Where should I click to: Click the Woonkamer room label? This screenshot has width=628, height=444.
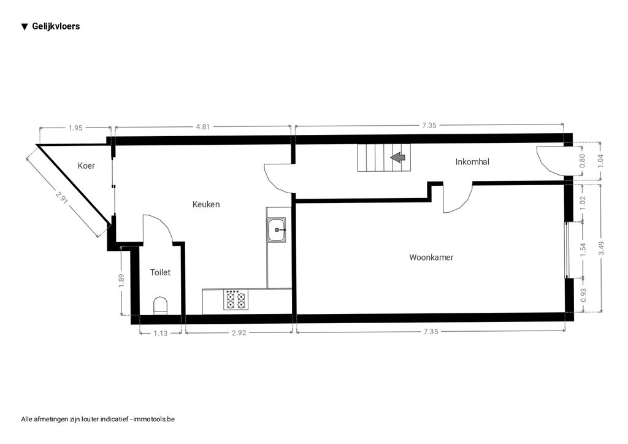(431, 258)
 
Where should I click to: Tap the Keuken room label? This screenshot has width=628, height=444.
(206, 204)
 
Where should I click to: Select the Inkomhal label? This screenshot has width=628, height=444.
(472, 162)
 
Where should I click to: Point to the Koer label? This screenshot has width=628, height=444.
(86, 166)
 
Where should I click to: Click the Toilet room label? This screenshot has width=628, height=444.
(160, 272)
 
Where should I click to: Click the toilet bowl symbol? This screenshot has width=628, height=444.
(161, 306)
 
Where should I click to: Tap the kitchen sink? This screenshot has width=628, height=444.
(277, 230)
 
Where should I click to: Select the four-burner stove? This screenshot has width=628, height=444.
(235, 299)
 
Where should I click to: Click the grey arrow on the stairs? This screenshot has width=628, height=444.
(397, 158)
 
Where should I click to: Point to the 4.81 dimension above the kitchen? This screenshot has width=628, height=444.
(202, 127)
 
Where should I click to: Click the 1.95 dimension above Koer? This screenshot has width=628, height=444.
(75, 128)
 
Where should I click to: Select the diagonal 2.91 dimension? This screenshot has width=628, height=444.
(62, 198)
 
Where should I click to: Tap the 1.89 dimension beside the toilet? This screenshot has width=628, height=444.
(122, 280)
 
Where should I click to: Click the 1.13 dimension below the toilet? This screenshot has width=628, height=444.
(160, 333)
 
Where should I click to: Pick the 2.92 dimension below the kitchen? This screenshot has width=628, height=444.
(239, 332)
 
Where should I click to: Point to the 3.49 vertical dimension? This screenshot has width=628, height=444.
(601, 248)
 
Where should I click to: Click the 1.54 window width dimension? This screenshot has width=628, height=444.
(583, 249)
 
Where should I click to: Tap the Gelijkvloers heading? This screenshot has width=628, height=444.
(56, 26)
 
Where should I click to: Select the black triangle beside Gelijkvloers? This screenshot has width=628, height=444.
(25, 27)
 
